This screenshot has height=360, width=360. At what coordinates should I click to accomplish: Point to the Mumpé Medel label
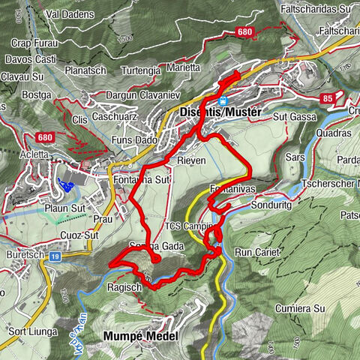click(x=142, y=337)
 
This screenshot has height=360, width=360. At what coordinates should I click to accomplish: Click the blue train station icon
click(x=223, y=99)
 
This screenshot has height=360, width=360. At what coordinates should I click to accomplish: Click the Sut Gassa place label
click(x=292, y=117)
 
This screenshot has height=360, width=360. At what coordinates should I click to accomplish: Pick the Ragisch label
click(x=125, y=286)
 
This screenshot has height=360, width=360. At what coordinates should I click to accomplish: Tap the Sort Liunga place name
click(x=31, y=330)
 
